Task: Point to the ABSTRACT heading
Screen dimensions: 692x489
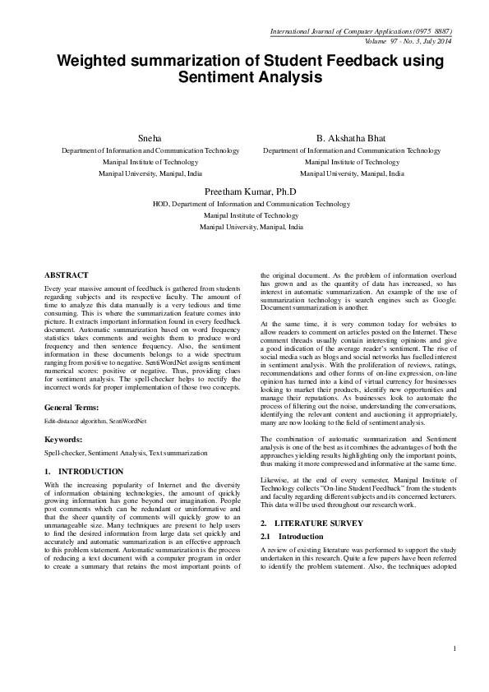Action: (67, 274)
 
